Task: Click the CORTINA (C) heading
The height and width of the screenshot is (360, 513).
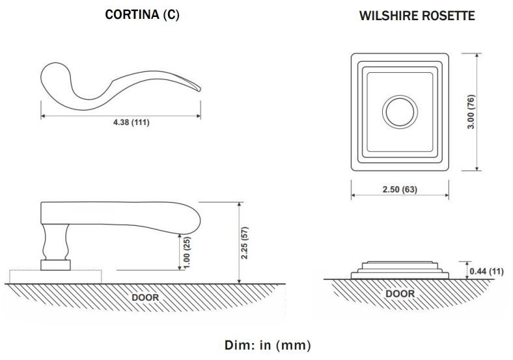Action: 142,15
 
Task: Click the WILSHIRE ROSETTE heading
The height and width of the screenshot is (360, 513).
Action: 417,16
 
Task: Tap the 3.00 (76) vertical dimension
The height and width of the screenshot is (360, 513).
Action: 472,112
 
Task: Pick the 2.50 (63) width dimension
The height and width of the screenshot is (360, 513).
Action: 400,189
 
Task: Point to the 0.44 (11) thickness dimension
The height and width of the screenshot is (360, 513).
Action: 486,271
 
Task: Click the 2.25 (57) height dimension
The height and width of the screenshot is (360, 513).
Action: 245,242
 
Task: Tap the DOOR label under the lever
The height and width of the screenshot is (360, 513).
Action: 145,297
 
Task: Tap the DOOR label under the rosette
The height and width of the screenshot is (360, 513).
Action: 400,294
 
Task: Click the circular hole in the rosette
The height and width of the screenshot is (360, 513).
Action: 400,111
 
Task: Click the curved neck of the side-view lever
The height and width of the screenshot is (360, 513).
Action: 56,242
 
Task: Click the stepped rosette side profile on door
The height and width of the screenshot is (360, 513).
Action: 400,269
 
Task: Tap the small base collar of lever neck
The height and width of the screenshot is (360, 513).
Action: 56,264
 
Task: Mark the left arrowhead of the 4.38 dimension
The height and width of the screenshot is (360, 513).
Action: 43,116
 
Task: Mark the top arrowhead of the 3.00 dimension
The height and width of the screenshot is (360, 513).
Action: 478,55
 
